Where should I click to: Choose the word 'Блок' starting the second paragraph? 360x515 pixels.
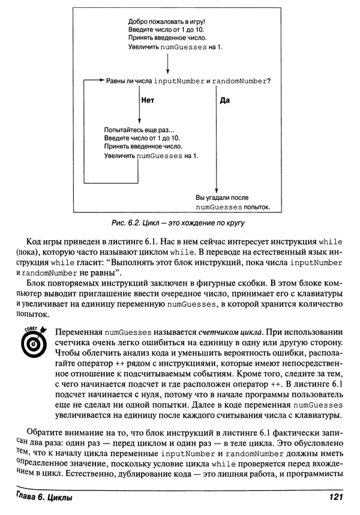point(39,281)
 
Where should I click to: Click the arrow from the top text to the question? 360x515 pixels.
point(167,63)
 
